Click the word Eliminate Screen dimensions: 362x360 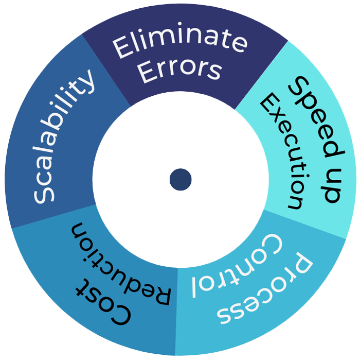click(179, 44)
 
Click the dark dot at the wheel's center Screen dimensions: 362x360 click(181, 179)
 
